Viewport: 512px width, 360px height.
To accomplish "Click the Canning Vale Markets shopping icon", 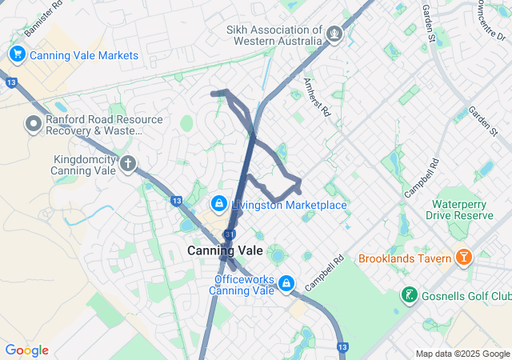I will tap(17, 54).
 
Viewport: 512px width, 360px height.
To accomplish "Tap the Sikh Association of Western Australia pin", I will tap(334, 34).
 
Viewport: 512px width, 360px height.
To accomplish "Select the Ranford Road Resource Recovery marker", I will tap(33, 124).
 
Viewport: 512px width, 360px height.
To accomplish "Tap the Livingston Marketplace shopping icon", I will tap(218, 204).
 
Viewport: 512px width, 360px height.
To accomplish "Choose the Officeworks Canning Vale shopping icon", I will tap(286, 284).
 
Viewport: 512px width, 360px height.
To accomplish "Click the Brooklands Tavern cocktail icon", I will tap(462, 258).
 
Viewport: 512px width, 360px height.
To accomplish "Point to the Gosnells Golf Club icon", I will tap(409, 295).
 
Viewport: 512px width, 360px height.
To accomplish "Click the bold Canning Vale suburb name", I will tap(225, 250).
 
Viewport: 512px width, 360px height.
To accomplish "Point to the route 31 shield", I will tap(230, 234).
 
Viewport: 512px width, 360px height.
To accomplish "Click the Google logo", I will tap(26, 350).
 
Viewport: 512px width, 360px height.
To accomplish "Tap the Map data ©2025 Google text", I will tap(462, 354).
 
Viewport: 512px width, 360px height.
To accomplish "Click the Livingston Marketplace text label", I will tap(289, 205).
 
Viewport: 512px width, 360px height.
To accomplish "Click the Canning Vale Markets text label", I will tap(85, 55).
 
